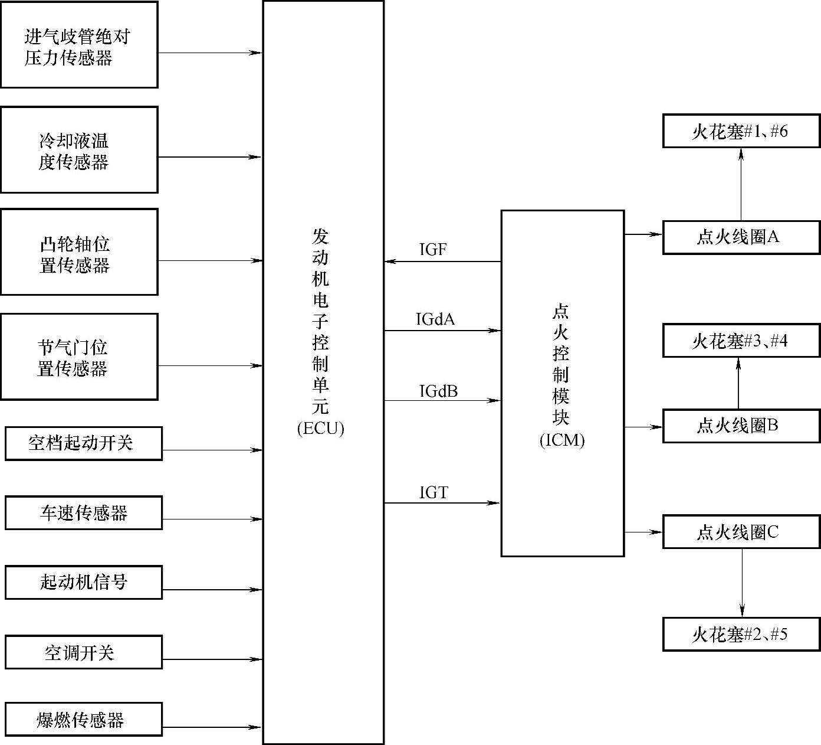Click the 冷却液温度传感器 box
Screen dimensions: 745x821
(79, 150)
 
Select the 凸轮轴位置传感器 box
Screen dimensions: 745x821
(79, 252)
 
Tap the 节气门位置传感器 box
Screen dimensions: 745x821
(79, 357)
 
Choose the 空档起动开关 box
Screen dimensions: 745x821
(83, 443)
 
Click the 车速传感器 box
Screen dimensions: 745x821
(83, 512)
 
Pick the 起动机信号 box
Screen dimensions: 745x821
(83, 582)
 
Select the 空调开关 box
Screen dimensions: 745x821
(83, 652)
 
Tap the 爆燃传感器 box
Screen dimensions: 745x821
(83, 719)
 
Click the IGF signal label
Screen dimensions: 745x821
(433, 250)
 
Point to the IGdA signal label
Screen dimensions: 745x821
(435, 319)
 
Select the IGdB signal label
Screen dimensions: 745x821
(438, 391)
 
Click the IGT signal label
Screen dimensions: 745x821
(434, 492)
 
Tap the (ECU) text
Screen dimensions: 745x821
(320, 428)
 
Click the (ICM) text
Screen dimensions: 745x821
(562, 440)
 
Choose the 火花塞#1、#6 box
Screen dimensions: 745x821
(741, 131)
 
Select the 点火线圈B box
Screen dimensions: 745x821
(741, 426)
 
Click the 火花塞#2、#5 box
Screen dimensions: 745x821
(741, 635)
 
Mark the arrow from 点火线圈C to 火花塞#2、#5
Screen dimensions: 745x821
(742, 583)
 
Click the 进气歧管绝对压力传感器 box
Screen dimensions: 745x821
(79, 45)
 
